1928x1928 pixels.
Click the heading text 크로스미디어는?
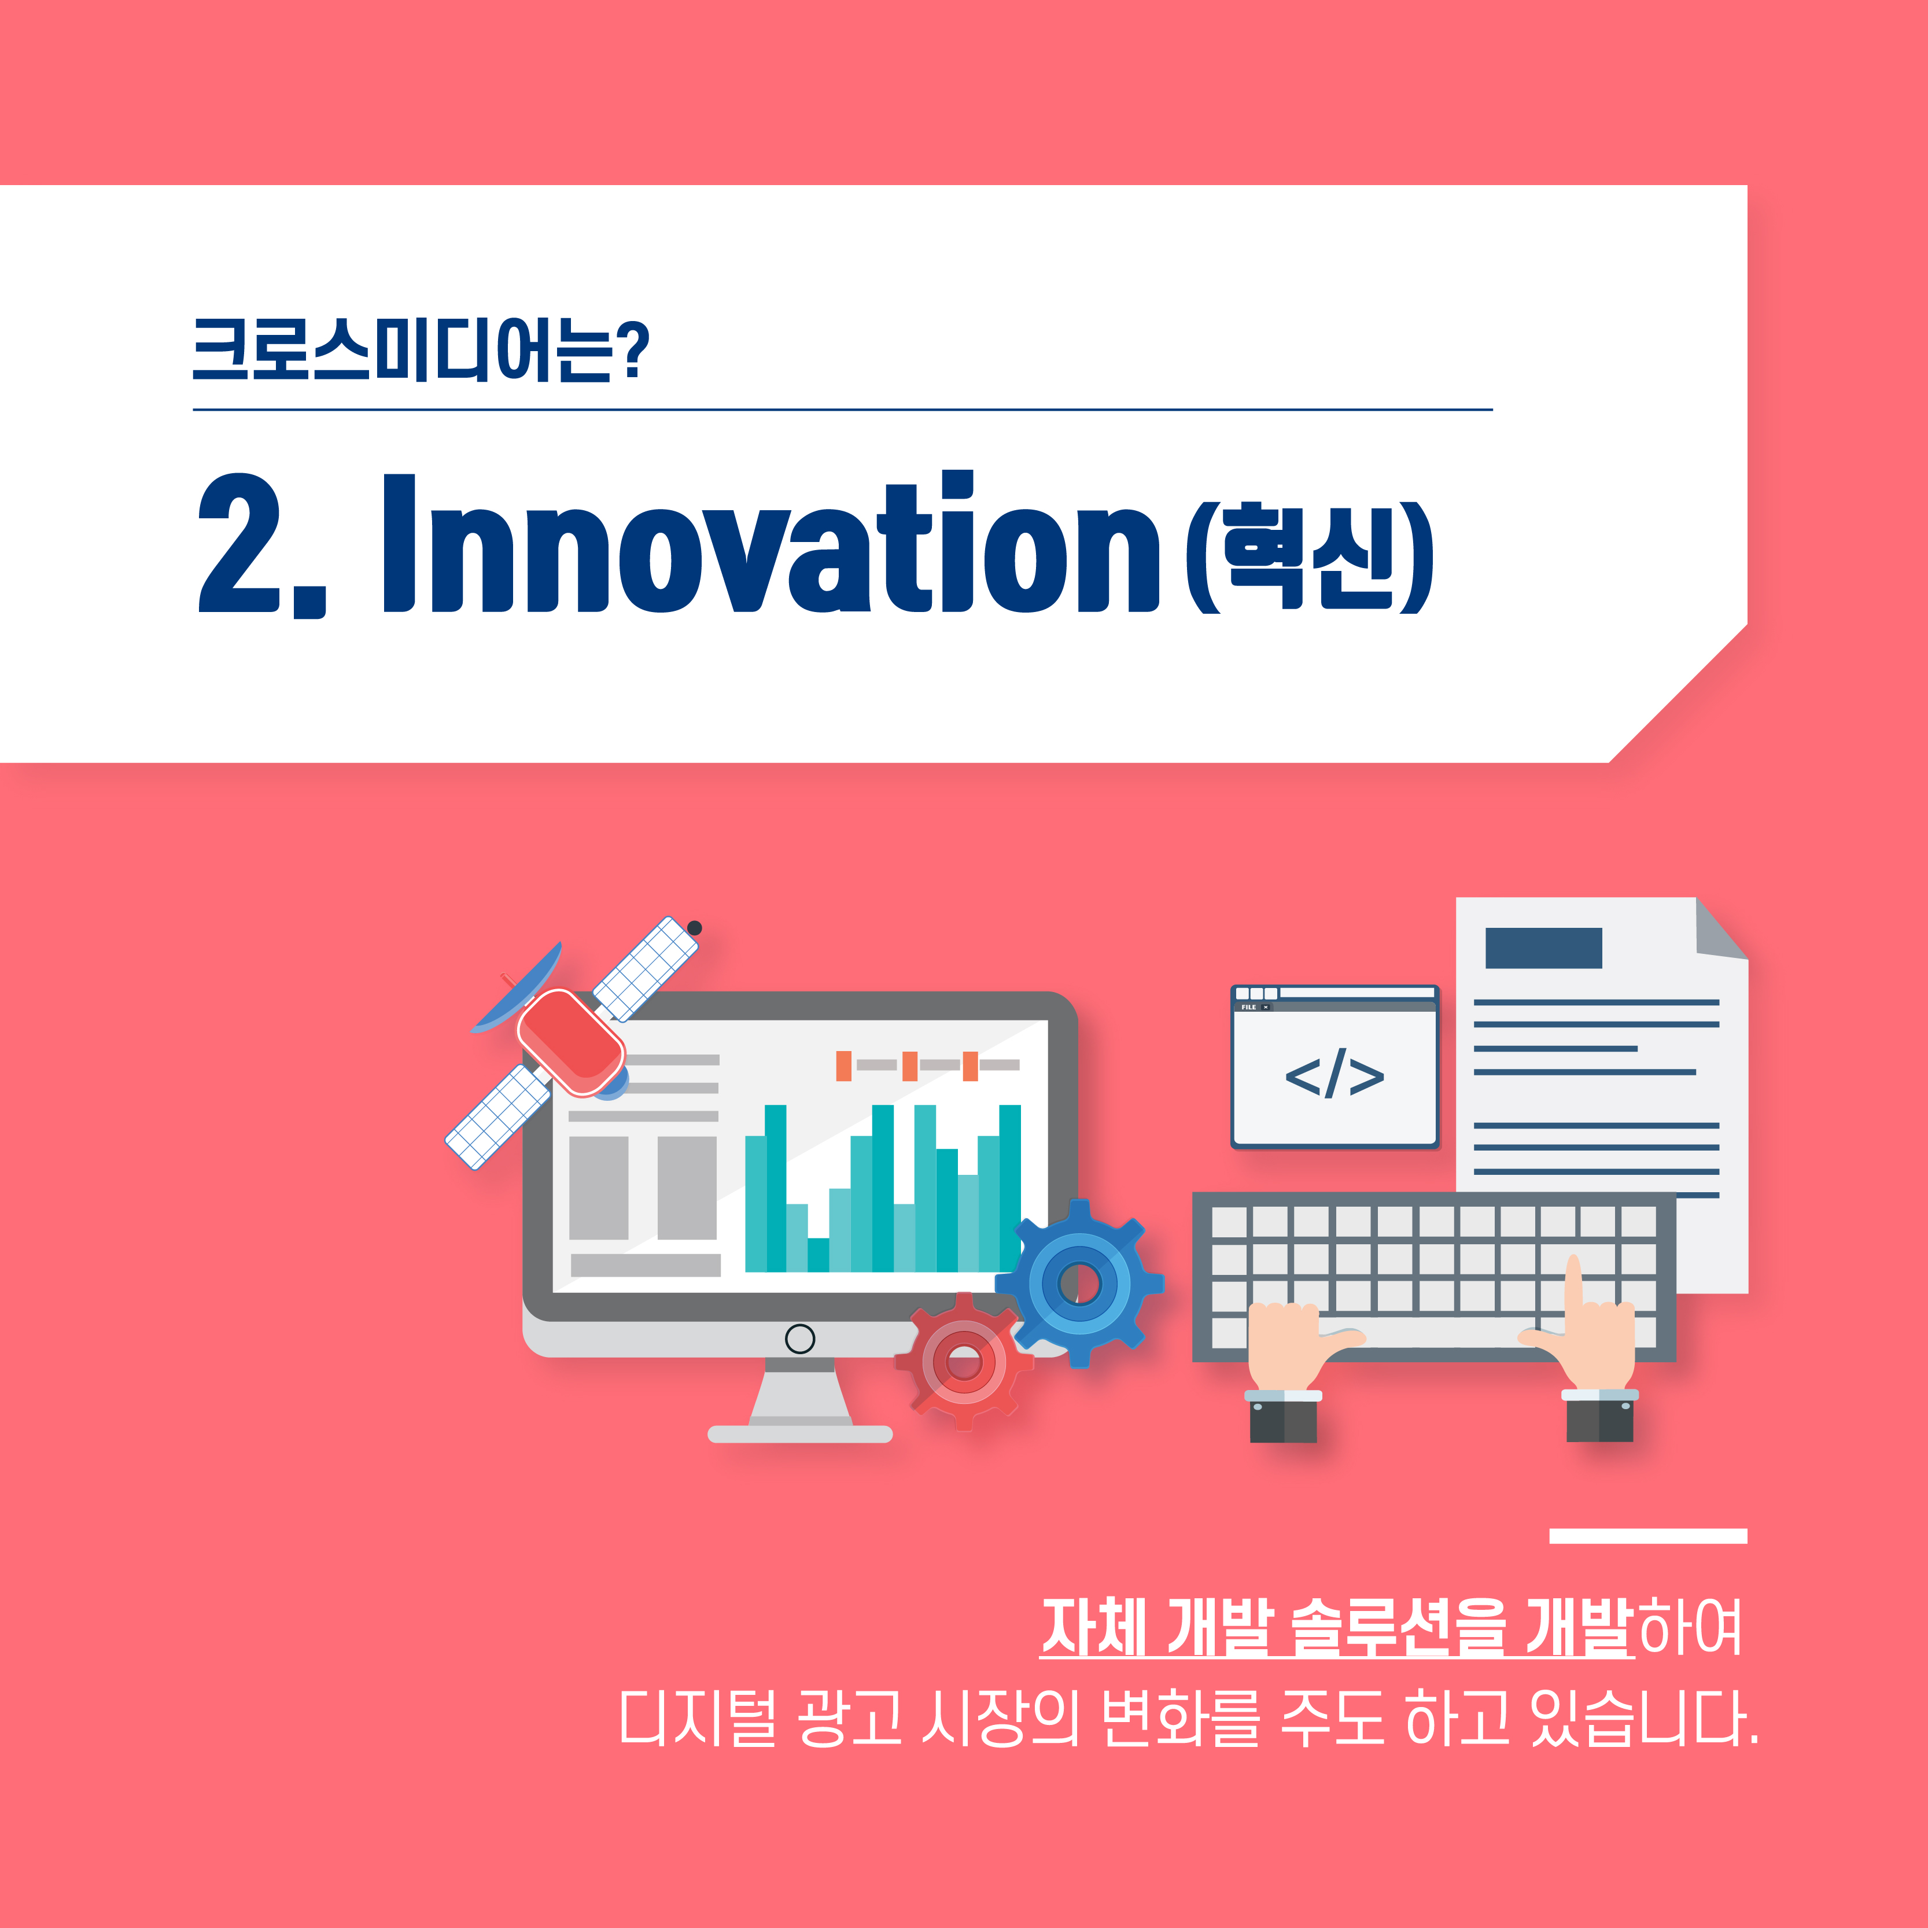point(420,351)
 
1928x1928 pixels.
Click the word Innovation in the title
point(771,542)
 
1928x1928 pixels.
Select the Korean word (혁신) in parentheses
point(1309,555)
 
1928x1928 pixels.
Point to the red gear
point(964,1361)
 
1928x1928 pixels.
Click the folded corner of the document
point(1721,929)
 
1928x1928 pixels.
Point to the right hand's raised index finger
point(1574,1286)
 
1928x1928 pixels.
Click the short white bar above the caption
point(1647,1536)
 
